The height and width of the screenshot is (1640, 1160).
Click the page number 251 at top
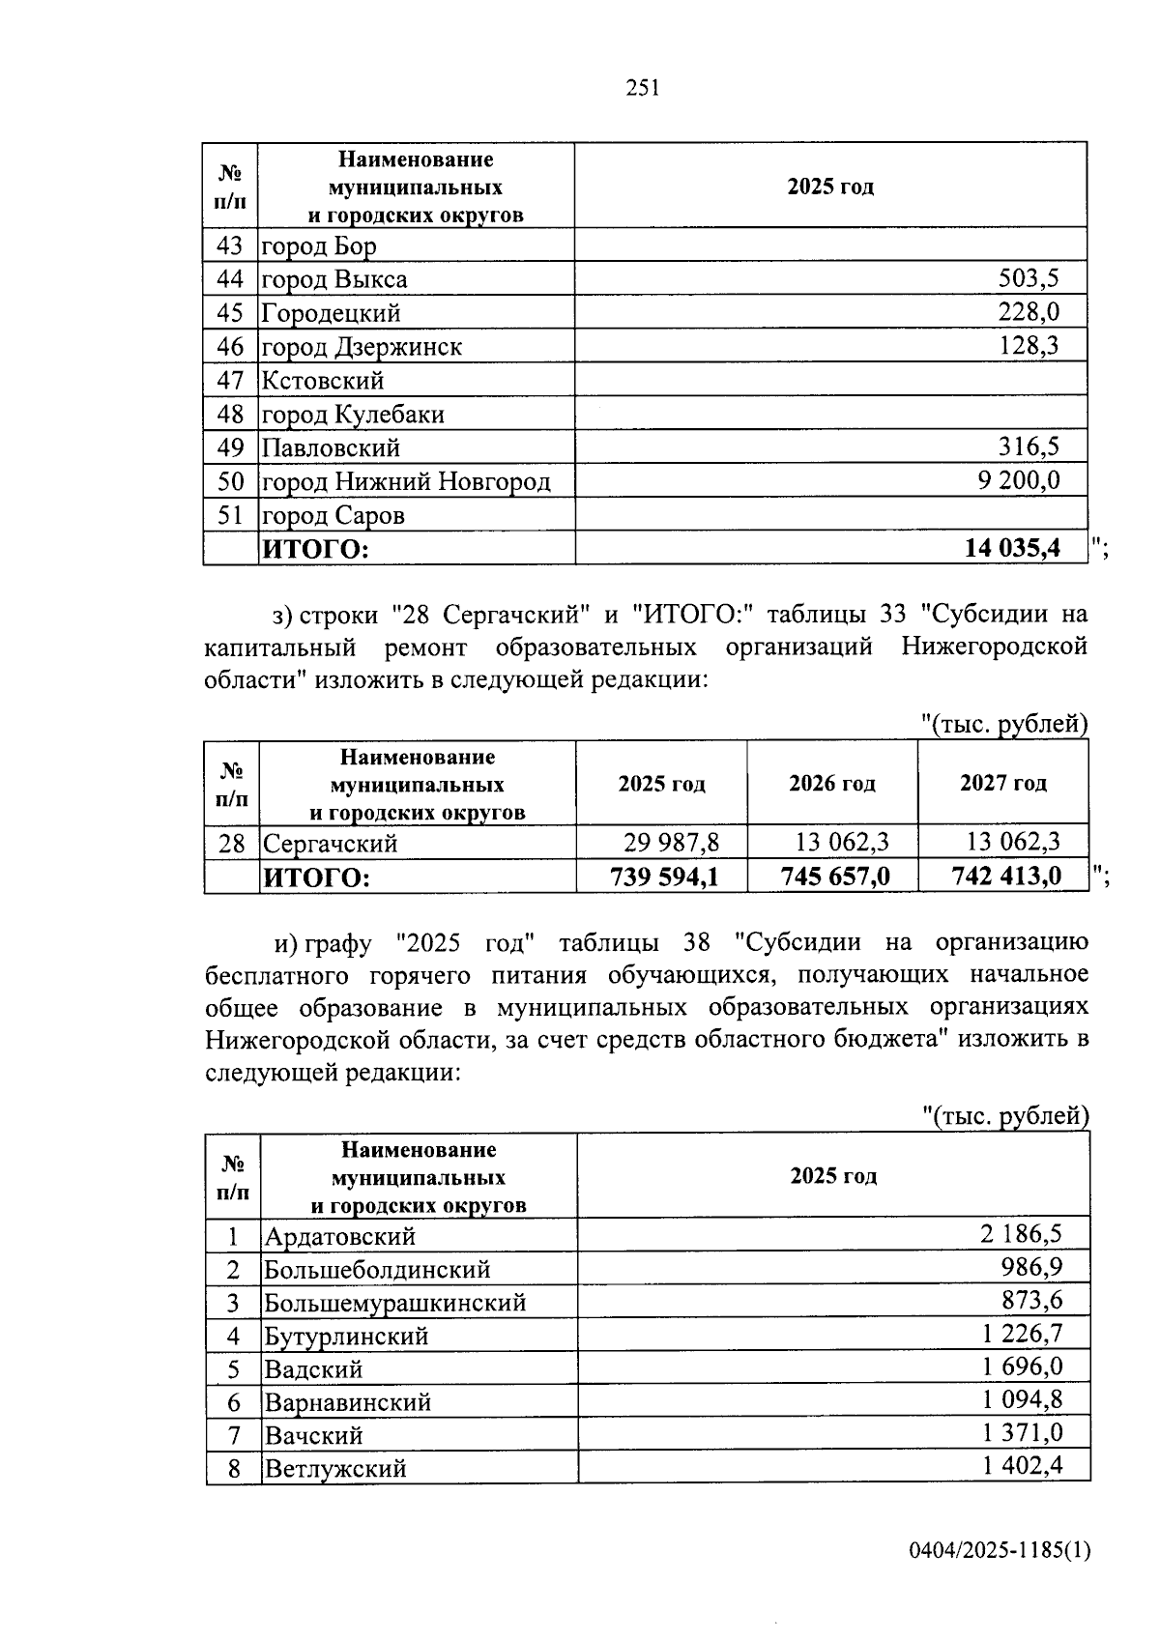642,88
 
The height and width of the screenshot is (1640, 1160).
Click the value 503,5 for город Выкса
1028,279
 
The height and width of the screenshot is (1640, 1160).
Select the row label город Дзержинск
362,347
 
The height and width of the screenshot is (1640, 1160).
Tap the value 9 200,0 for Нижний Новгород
1018,480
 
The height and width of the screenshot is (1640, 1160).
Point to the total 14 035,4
1011,549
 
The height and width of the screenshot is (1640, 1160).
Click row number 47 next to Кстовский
230,380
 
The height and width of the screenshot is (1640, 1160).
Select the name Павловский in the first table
331,448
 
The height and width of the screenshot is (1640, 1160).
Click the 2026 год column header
831,783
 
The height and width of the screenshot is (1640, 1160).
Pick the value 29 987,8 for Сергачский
671,843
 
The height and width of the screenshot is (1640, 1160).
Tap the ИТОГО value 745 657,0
834,877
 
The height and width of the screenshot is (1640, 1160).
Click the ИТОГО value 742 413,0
1006,877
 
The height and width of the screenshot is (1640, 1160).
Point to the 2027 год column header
1002,783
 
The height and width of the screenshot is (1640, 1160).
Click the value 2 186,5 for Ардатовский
1021,1234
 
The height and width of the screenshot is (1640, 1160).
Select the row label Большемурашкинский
395,1303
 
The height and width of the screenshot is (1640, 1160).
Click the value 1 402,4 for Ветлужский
1023,1466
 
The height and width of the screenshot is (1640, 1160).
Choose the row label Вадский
314,1369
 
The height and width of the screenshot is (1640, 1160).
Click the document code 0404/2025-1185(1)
999,1551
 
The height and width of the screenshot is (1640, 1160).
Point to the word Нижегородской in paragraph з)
995,646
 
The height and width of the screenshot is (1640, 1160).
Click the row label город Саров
333,515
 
